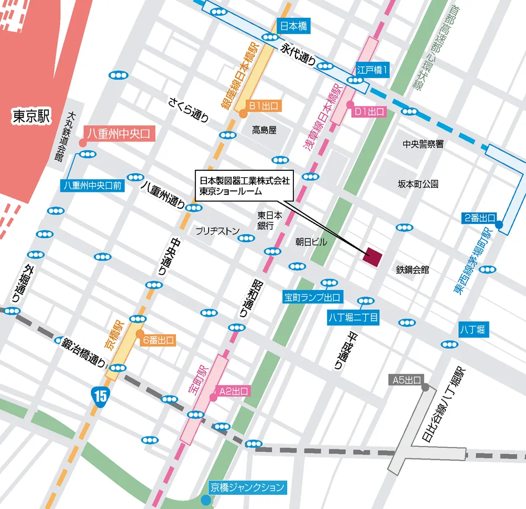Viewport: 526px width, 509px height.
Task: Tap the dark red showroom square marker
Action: click(x=374, y=256)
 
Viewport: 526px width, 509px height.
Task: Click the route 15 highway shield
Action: click(x=100, y=394)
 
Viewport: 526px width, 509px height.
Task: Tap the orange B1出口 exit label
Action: click(x=265, y=106)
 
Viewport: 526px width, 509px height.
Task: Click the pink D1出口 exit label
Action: click(x=369, y=112)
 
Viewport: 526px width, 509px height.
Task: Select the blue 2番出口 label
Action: click(x=479, y=217)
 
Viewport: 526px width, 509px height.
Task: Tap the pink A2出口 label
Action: click(x=234, y=391)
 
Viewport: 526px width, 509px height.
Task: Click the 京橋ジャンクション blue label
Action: click(x=247, y=487)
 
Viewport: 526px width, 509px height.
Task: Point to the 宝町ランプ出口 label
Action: click(x=312, y=298)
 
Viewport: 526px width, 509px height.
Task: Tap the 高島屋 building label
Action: click(x=264, y=130)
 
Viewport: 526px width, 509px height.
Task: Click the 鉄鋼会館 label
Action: click(x=412, y=269)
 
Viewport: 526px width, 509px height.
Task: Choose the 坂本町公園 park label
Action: click(x=418, y=184)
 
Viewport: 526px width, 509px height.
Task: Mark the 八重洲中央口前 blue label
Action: click(x=92, y=186)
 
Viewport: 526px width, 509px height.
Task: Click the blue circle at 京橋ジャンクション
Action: click(x=206, y=500)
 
